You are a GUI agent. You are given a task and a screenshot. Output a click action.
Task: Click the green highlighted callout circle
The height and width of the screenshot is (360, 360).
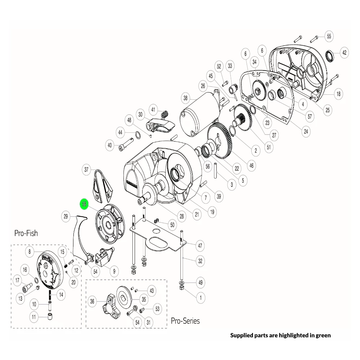tap(84, 204)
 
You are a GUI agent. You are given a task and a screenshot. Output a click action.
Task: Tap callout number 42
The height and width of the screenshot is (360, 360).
tap(345, 53)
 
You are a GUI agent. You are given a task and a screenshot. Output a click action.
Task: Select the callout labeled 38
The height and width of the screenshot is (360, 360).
tap(185, 98)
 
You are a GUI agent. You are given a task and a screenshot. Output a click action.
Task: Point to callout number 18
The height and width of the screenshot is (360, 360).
tap(338, 94)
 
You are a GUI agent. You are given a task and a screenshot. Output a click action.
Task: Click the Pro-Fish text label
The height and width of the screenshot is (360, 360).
tap(26, 233)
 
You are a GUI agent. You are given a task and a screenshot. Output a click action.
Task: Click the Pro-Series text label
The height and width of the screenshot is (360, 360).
tap(185, 320)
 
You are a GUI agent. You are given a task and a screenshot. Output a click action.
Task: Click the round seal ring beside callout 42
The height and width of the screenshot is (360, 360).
tap(329, 56)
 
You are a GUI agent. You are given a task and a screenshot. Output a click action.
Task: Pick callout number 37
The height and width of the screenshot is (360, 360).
tap(86, 170)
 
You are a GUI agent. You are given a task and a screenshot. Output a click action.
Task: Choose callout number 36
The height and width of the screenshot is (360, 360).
tap(92, 301)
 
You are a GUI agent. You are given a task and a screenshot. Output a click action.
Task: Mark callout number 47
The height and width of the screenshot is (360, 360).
tap(200, 246)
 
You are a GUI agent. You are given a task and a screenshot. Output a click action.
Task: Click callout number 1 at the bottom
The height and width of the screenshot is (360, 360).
tap(200, 298)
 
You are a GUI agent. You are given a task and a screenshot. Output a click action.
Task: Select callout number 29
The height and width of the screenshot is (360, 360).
tap(66, 216)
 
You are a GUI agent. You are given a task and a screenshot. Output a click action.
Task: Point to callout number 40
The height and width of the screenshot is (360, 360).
tap(110, 145)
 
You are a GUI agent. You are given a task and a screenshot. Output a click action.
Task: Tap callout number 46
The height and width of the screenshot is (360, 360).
tap(251, 166)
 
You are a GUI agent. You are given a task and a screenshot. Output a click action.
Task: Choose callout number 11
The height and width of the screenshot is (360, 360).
tap(34, 318)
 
